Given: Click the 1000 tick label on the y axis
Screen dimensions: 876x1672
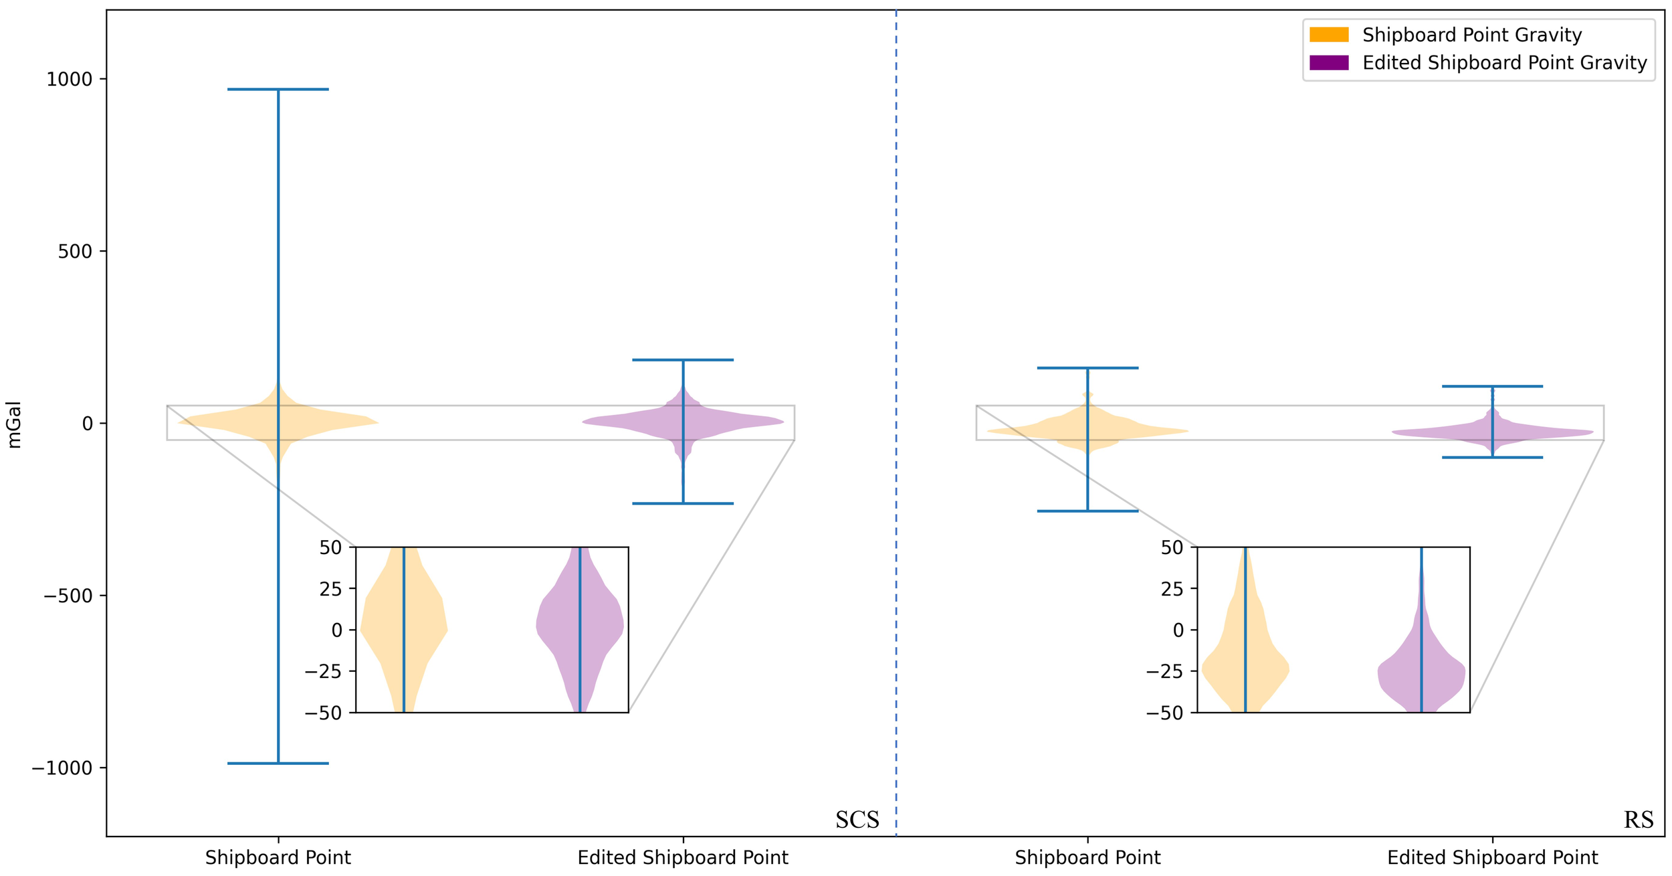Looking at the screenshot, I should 69,79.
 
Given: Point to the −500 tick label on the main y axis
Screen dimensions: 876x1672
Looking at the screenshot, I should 68,596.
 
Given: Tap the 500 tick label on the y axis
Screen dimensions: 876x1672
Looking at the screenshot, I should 76,252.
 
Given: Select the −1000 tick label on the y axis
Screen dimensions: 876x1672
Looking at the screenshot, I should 62,768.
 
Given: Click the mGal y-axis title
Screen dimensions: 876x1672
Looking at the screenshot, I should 14,424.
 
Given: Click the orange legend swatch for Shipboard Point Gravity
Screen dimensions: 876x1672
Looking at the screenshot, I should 1328,35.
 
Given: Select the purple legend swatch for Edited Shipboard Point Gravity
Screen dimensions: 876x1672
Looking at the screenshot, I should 1328,63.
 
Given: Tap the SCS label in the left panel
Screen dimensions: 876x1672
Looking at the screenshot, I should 857,820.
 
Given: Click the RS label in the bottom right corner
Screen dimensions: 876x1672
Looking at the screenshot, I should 1638,820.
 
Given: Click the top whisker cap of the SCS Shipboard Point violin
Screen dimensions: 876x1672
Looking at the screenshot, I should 278,89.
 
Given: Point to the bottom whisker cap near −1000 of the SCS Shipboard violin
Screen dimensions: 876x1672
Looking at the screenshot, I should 278,763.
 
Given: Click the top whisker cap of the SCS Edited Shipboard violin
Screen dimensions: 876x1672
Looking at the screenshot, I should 683,360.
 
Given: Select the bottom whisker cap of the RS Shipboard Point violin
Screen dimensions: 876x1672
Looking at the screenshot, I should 1087,511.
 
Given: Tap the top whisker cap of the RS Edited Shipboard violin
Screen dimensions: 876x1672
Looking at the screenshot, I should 1492,386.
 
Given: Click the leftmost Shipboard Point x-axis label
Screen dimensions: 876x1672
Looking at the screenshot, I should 278,858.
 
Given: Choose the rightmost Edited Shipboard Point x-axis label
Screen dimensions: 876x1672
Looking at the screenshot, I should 1492,858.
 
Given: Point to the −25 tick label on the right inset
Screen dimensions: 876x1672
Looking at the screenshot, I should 1165,671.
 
